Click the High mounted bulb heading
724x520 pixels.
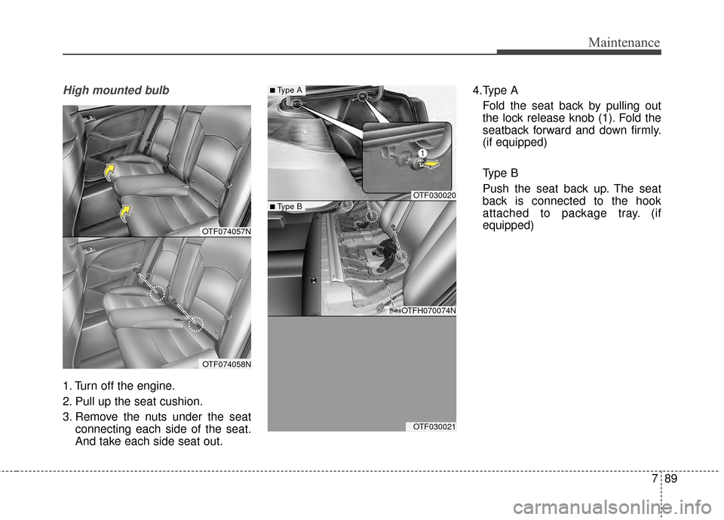[x=116, y=91]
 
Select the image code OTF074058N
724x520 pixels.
[x=225, y=364]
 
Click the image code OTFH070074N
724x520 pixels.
[x=428, y=310]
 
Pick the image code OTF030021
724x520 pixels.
[x=434, y=426]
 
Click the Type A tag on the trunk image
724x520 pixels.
[x=287, y=91]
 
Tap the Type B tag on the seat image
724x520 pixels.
[x=287, y=206]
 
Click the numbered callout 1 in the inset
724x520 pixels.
[x=413, y=154]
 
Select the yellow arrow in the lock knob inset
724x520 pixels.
[x=431, y=161]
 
